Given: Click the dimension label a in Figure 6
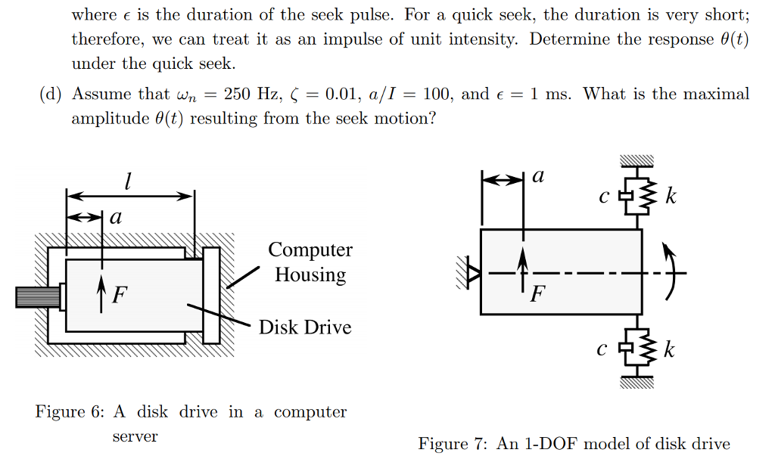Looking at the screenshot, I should click(x=115, y=218).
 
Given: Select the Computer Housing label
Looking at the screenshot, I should click(x=310, y=262).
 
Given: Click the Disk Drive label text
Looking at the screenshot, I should click(x=305, y=327).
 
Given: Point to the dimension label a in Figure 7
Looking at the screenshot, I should click(x=538, y=176).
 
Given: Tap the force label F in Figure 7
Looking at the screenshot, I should click(x=537, y=293).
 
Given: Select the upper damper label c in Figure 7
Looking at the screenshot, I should click(x=603, y=199).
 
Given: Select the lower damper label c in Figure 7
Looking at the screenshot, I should click(x=602, y=351).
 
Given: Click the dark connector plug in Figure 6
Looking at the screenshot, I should click(x=36, y=296).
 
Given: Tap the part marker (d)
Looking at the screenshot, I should click(x=51, y=95).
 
